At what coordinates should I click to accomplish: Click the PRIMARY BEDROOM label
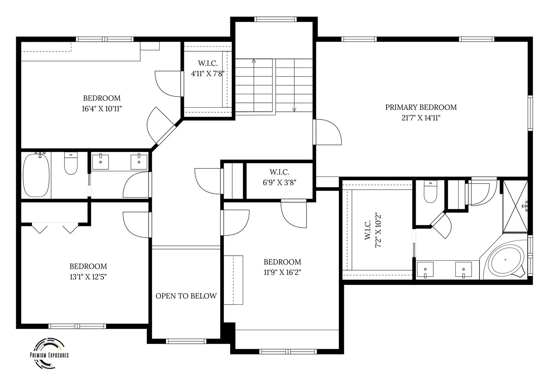421,107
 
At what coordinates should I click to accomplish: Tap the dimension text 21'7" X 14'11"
421,118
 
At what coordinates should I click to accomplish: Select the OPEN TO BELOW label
186,296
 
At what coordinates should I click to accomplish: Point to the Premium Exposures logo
49,353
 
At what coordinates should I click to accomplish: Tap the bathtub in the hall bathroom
36,175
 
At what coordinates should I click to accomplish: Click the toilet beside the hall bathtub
71,163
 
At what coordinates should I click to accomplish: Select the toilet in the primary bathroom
430,191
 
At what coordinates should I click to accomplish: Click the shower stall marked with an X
515,206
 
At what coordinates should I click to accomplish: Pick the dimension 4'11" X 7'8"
208,74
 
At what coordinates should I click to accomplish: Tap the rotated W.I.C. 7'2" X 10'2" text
373,230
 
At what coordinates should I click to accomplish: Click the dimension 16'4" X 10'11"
102,109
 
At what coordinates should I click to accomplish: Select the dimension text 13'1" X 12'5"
88,277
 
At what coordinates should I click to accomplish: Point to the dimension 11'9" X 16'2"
282,272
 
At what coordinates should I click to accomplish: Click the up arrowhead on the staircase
254,60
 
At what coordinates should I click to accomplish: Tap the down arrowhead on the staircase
294,110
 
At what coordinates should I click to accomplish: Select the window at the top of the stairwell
275,19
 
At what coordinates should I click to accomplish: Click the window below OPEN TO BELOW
186,341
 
